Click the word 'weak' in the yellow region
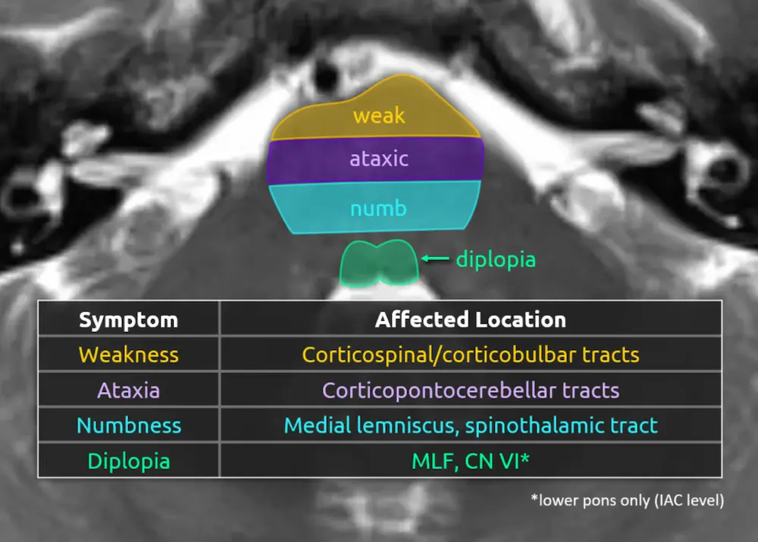(379, 116)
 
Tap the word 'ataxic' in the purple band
(378, 159)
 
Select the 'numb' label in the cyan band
(378, 208)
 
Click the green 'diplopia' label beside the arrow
(496, 259)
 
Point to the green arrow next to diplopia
(435, 259)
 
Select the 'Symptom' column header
(128, 319)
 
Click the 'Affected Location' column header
(470, 319)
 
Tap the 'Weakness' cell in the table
(128, 355)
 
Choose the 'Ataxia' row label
(128, 390)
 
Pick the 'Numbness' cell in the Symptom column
(128, 425)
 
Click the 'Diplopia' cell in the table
(128, 461)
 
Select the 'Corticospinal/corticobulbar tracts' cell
(470, 355)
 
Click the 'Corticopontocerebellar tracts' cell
(470, 390)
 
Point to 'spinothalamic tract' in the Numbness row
(561, 425)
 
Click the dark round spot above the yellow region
(328, 74)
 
